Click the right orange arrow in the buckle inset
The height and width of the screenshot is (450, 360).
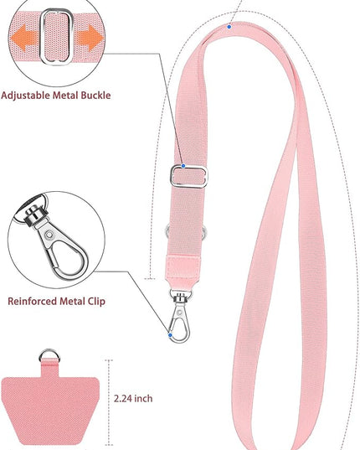pos(90,38)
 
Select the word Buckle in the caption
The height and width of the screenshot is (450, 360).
pos(95,95)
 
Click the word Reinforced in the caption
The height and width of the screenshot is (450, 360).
pos(32,302)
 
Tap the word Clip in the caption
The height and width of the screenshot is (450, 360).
pos(96,302)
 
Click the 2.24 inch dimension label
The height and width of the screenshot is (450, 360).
pos(133,399)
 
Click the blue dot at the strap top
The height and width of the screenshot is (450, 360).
pos(229,27)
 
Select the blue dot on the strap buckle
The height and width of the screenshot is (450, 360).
pos(183,166)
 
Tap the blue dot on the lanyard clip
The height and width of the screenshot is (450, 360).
pos(170,335)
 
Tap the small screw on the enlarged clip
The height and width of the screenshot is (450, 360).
pos(49,235)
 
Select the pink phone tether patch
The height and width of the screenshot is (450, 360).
pos(49,407)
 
